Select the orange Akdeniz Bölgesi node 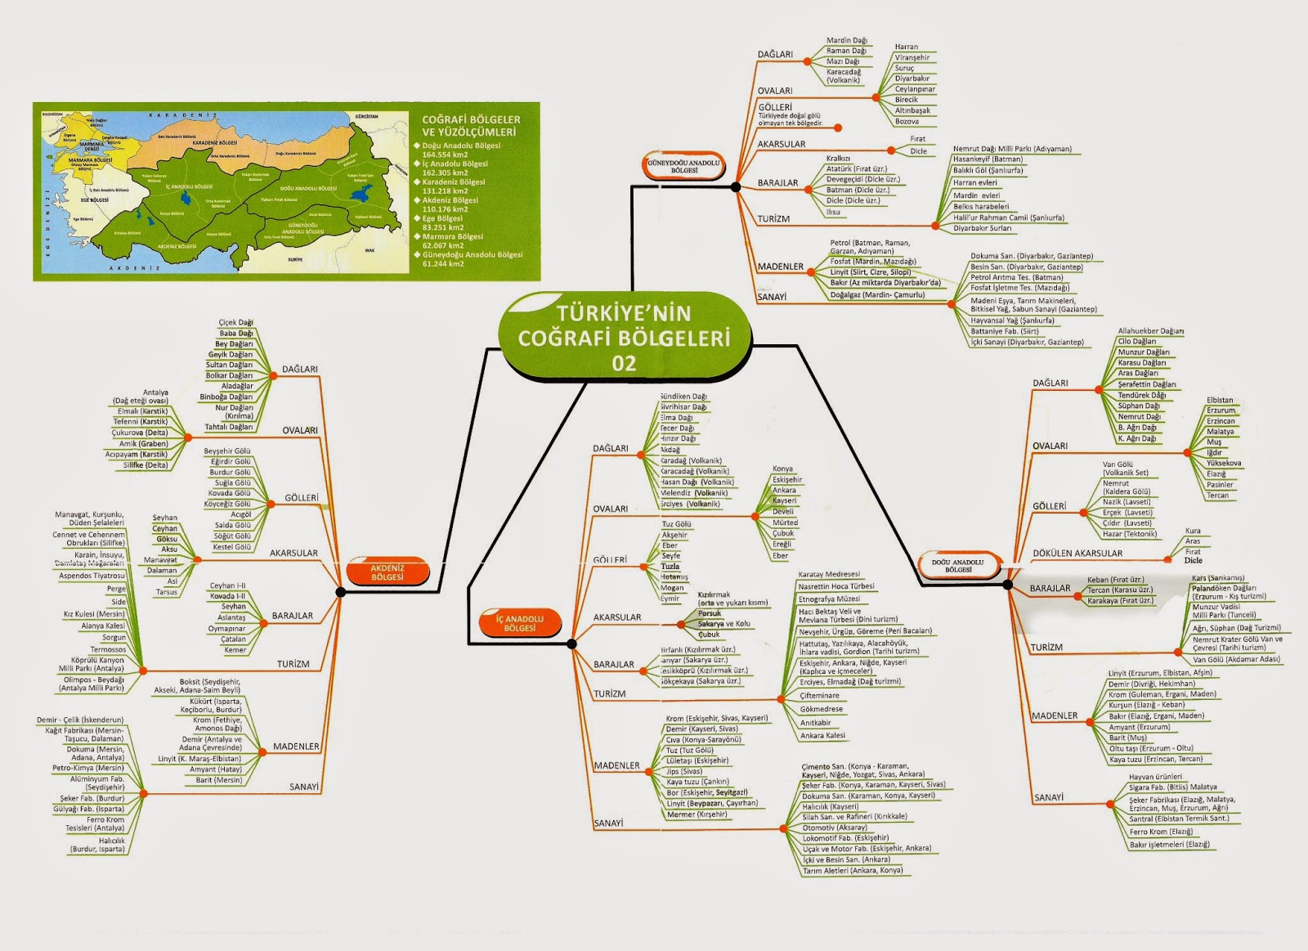387,572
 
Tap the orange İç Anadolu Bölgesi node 519,623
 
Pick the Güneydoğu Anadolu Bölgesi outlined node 684,166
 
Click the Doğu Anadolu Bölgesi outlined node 957,566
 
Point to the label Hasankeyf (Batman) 988,159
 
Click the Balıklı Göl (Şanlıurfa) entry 988,171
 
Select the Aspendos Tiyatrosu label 92,576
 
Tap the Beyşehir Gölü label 227,451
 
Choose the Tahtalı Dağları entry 228,427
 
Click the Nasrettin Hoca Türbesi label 836,586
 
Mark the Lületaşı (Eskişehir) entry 697,760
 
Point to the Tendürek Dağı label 1141,395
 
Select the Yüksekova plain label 1224,463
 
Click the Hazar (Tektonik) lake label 1129,534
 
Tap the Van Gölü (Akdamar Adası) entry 1236,659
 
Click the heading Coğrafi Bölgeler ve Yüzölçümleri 470,125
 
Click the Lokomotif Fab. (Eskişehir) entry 845,838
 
